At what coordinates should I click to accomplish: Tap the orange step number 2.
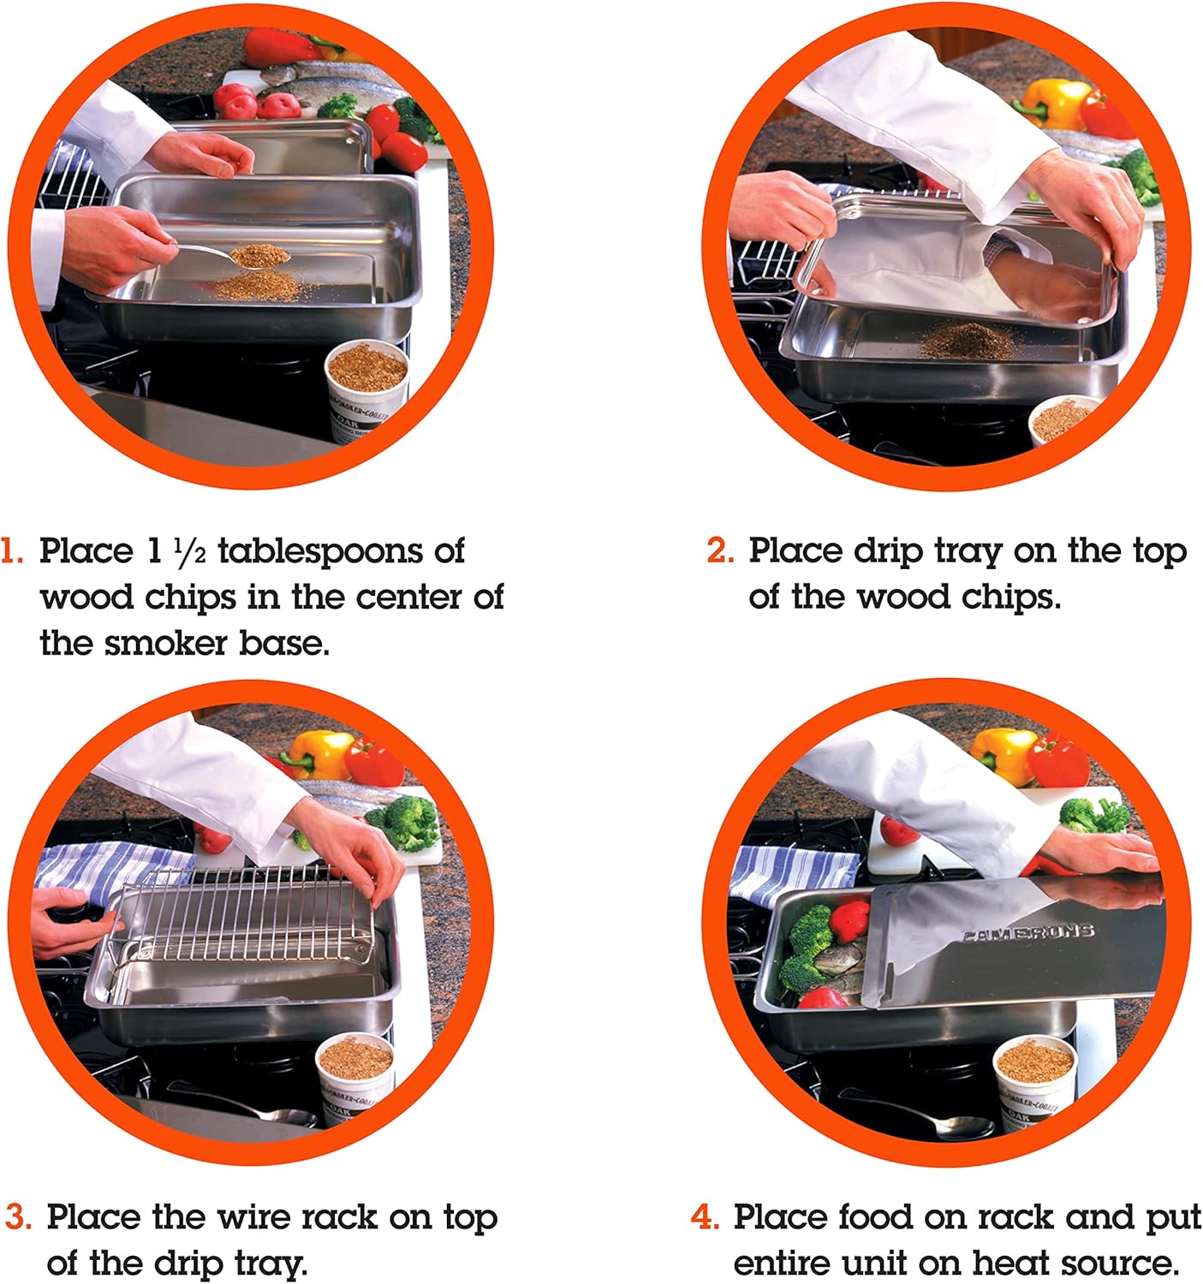click(x=720, y=551)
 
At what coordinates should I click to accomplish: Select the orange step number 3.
click(x=19, y=1217)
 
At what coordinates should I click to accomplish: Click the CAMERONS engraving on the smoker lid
click(x=1027, y=931)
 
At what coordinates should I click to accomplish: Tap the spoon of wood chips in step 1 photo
click(x=253, y=255)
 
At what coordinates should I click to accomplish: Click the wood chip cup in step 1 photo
click(x=366, y=381)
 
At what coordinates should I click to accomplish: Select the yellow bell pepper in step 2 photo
click(x=1055, y=103)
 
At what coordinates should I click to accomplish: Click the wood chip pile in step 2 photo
click(x=967, y=340)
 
